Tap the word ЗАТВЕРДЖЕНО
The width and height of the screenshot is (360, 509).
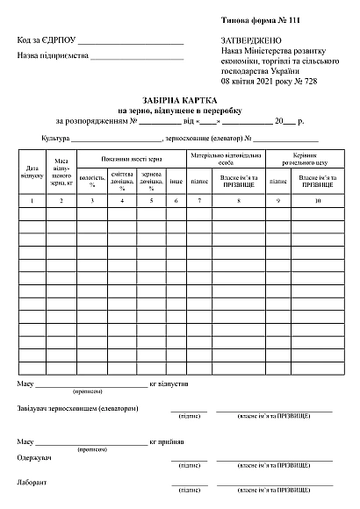[x=251, y=41]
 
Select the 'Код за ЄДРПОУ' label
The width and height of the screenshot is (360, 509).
[x=46, y=40]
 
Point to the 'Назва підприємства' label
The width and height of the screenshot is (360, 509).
[x=54, y=55]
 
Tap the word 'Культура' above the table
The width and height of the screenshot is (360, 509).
[x=55, y=139]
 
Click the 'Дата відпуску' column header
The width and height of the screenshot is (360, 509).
[x=32, y=170]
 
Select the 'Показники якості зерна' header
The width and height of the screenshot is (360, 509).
[x=132, y=159]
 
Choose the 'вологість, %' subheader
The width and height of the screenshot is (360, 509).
[x=92, y=181]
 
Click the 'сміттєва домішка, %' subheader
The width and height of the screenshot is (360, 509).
[x=122, y=181]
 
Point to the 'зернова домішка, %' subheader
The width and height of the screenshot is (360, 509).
[x=151, y=181]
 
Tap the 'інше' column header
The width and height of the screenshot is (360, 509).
[x=176, y=181]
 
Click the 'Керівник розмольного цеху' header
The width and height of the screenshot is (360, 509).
[x=299, y=159]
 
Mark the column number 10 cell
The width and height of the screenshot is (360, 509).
[x=318, y=202]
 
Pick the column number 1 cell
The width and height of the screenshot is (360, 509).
[x=32, y=202]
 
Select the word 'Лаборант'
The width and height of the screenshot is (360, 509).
[x=33, y=483]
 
